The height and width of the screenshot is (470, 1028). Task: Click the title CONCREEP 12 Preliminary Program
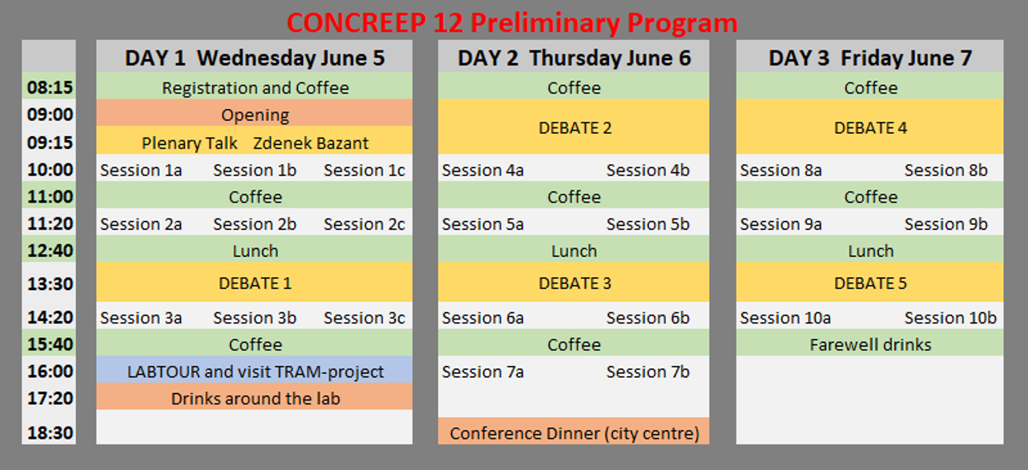click(x=512, y=22)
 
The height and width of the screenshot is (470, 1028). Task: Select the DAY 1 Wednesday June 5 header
click(x=255, y=58)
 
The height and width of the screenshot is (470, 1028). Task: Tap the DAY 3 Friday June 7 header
click(x=870, y=58)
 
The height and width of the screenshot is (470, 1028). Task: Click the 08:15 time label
click(x=50, y=87)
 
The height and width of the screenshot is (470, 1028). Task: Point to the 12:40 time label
click(x=50, y=251)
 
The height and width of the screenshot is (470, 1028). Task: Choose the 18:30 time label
click(x=50, y=432)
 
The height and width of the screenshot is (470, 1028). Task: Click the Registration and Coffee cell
click(x=255, y=86)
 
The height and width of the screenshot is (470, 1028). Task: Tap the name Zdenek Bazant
click(x=311, y=143)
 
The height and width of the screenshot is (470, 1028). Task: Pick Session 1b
click(x=255, y=170)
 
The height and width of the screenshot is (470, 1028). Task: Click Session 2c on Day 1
click(x=365, y=224)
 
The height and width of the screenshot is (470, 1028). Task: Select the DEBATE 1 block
click(x=255, y=282)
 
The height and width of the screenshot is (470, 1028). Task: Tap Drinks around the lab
click(x=255, y=399)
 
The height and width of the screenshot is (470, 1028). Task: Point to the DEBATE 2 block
click(x=574, y=127)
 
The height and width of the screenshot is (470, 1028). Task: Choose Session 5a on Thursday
click(x=483, y=224)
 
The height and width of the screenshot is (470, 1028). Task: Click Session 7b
click(x=648, y=372)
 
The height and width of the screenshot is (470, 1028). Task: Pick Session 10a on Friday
click(x=785, y=318)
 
